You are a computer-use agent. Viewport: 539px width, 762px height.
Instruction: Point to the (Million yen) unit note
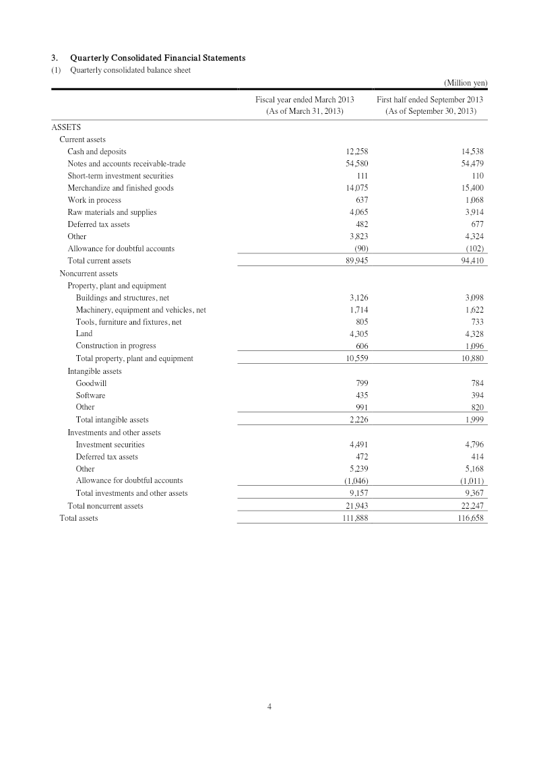[x=465, y=83]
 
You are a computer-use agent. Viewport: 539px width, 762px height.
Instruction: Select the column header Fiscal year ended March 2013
[x=305, y=100]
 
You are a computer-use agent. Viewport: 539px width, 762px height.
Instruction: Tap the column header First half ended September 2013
[x=430, y=100]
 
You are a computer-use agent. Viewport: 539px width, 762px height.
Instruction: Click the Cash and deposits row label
[x=96, y=152]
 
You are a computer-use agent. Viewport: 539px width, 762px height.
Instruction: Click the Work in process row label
[x=94, y=200]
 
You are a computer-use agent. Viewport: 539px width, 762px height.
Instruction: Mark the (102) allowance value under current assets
[x=474, y=249]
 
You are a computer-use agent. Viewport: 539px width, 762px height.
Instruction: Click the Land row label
[x=84, y=334]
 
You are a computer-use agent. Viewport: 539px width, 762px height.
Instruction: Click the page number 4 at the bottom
[x=269, y=706]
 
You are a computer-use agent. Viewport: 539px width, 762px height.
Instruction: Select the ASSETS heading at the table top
[x=66, y=127]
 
